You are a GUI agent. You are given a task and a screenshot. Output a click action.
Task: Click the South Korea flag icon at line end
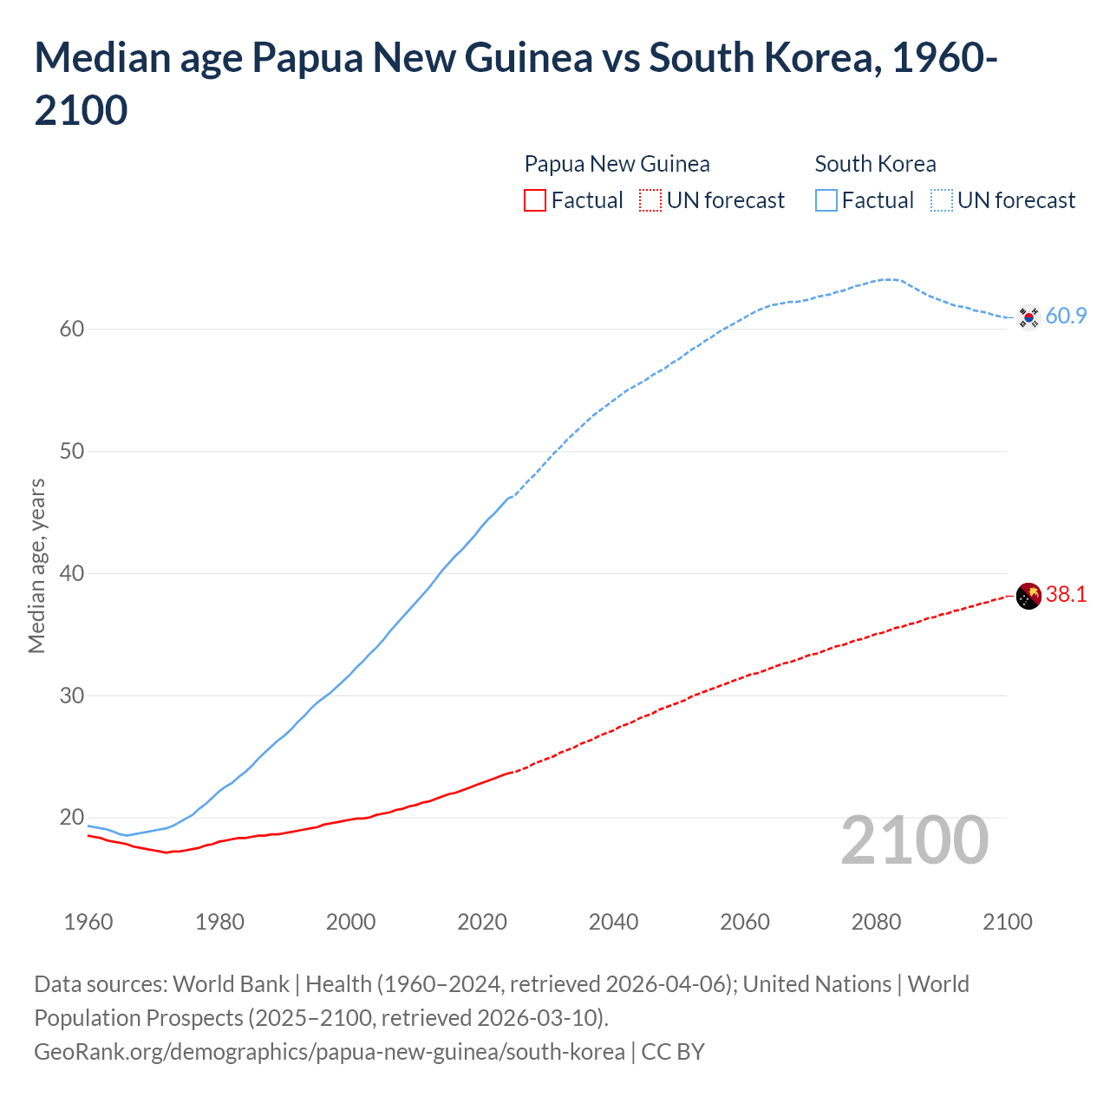coord(1028,317)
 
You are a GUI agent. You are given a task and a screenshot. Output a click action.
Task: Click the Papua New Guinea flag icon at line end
coord(1028,596)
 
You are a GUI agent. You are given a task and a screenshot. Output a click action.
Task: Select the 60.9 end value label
coord(1066,316)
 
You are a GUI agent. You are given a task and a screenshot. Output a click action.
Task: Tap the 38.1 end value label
coord(1066,594)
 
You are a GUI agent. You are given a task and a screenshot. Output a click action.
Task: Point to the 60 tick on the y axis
coord(72,329)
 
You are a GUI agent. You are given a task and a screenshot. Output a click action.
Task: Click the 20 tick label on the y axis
coord(72,817)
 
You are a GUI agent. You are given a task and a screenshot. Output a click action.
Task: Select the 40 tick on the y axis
coord(72,573)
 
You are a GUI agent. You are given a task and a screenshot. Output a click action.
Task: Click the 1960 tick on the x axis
coord(88,921)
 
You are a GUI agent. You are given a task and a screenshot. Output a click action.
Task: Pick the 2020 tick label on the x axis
coord(482,921)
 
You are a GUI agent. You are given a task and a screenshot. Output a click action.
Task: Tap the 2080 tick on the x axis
coord(876,921)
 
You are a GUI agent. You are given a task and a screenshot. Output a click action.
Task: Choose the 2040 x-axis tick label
coord(613,921)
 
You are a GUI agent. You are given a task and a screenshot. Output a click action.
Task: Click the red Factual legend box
coord(535,200)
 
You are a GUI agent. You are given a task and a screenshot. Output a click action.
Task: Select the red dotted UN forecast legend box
coord(650,200)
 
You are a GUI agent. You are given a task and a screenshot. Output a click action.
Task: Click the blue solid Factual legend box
coord(826,200)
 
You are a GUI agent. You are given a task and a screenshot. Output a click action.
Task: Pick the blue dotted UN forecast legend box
coord(942,200)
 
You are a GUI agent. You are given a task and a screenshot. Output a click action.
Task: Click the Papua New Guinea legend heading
coord(617,164)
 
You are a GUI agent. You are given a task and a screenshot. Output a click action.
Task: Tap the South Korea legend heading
coord(875,164)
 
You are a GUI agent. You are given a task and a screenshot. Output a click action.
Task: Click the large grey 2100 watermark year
coord(914,839)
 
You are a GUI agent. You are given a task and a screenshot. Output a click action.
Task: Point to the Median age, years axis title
coord(36,565)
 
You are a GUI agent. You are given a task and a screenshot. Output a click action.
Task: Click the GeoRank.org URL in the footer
coord(329,1052)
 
